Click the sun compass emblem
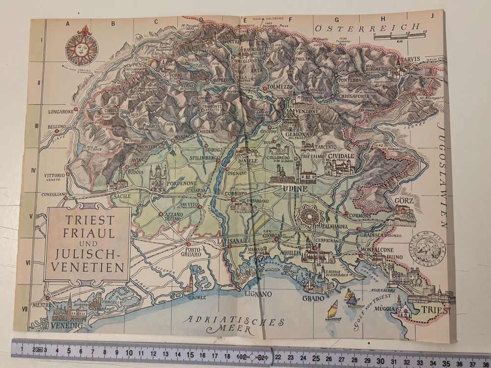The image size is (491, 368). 81,48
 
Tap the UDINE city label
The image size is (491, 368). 295,188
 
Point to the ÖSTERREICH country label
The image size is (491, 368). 368,27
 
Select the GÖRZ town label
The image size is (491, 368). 404,201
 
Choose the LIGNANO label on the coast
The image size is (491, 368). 258,294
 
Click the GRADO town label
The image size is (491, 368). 313,298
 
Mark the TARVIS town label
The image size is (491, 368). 410,59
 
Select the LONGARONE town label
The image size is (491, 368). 60,111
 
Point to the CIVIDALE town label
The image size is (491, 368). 341,156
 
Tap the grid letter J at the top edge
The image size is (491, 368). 432,15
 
